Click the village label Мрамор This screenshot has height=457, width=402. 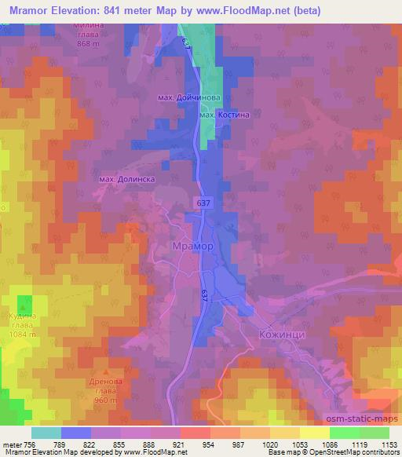point(192,246)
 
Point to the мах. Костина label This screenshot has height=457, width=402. point(225,115)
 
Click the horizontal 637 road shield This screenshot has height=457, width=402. point(205,203)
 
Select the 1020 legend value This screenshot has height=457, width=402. point(269,444)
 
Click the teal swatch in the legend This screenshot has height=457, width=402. point(46,433)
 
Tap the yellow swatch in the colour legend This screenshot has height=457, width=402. point(315,433)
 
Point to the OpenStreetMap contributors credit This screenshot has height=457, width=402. point(357,452)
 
